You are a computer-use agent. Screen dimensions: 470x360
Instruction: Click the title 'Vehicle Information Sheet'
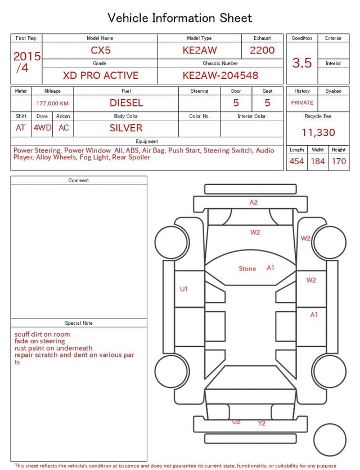(x=180, y=17)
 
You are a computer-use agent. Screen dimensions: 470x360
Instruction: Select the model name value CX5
(x=101, y=50)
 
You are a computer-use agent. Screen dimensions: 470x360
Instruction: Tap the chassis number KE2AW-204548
(x=220, y=75)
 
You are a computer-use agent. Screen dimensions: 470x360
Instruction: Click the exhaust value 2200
(x=262, y=50)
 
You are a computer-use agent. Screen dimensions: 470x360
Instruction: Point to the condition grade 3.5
(x=302, y=62)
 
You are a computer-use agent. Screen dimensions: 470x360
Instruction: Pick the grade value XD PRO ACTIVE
(x=101, y=75)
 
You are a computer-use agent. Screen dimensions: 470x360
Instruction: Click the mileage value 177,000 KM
(x=52, y=103)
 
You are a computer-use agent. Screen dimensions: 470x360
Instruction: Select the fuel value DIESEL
(x=126, y=102)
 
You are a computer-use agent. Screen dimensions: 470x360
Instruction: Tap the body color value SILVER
(x=126, y=128)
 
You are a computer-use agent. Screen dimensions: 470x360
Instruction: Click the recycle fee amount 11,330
(x=318, y=132)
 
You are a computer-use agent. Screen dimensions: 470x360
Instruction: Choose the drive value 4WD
(x=42, y=128)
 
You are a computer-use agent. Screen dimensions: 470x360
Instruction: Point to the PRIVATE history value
(x=302, y=102)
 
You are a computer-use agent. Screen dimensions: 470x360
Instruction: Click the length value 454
(x=296, y=161)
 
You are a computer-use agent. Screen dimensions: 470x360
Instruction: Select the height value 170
(x=339, y=161)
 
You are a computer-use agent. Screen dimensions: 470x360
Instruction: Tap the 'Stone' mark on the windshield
(x=247, y=268)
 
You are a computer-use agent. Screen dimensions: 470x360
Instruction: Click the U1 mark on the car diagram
(x=184, y=289)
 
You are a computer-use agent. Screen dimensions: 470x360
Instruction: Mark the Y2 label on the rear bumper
(x=262, y=423)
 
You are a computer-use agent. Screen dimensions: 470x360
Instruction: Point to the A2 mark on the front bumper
(x=254, y=202)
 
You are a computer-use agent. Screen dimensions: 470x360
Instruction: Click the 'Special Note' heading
(x=79, y=323)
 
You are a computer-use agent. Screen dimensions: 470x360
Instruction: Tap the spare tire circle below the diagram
(x=330, y=440)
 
